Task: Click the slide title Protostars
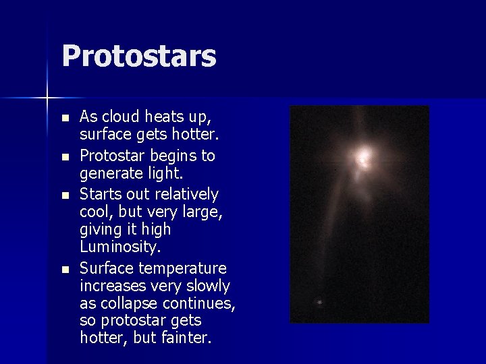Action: click(138, 57)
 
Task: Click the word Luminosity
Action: click(120, 247)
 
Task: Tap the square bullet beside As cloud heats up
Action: click(65, 118)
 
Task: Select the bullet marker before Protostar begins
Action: click(65, 156)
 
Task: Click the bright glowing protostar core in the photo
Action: click(364, 159)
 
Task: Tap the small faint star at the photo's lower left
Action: click(319, 302)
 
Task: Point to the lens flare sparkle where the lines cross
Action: click(47, 98)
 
